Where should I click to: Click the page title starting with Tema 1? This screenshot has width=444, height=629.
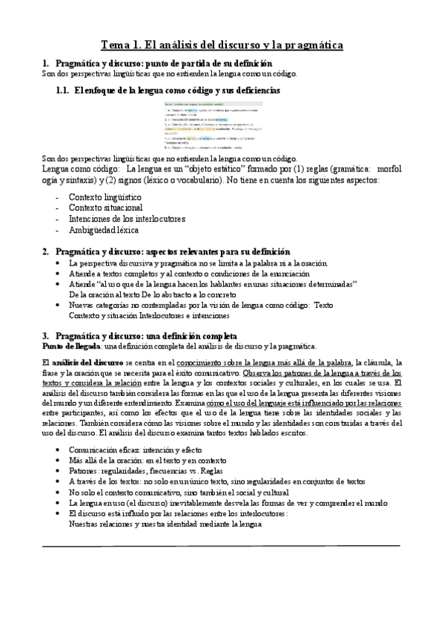(222, 45)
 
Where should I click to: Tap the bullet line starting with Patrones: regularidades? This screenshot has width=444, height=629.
(156, 470)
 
